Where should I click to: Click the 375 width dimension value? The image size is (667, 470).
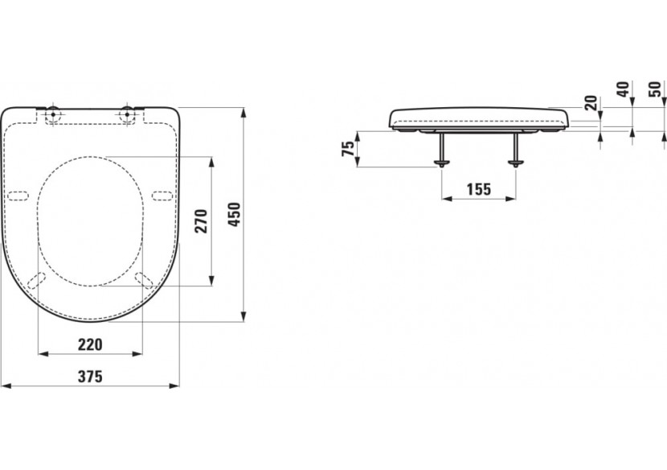pyautogui.click(x=90, y=377)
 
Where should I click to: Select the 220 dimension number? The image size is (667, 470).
pyautogui.click(x=90, y=344)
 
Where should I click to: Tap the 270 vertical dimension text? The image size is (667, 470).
pyautogui.click(x=201, y=221)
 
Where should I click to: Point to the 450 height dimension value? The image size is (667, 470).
pyautogui.click(x=235, y=214)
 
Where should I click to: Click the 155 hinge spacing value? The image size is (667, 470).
pyautogui.click(x=479, y=189)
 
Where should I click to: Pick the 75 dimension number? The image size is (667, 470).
pyautogui.click(x=348, y=149)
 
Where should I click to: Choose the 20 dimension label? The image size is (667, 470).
pyautogui.click(x=591, y=104)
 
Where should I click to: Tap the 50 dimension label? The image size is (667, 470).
pyautogui.click(x=656, y=89)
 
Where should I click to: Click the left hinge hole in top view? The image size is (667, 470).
pyautogui.click(x=53, y=114)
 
